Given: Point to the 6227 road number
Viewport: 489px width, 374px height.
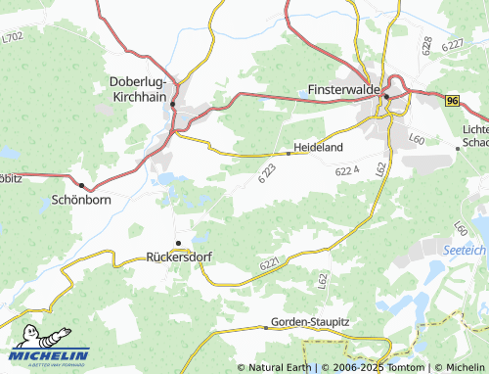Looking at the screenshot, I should click(452, 45).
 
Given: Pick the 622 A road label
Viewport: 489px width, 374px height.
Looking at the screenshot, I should click(347, 170).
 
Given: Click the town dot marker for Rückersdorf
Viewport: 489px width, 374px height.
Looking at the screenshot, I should click(178, 242).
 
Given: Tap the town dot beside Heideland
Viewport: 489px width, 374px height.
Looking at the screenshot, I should click(289, 152).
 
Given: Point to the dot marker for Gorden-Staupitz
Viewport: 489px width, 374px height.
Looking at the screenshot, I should click(265, 326).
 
